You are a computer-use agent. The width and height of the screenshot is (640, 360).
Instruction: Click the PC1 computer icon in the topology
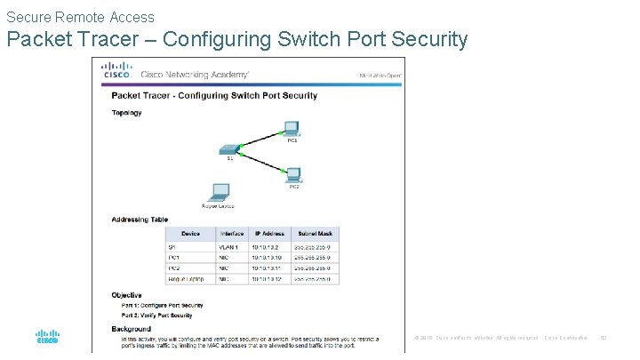point(289,128)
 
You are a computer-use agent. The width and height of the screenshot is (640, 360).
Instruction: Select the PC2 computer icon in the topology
point(292,175)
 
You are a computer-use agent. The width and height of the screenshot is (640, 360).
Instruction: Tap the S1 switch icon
point(229,151)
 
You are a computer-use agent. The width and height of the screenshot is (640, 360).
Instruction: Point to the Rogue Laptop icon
point(219,193)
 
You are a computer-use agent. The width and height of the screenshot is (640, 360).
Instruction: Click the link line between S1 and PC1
point(260,139)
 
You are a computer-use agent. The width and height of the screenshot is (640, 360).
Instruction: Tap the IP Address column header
point(268,233)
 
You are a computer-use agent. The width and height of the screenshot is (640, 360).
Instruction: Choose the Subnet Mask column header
point(315,233)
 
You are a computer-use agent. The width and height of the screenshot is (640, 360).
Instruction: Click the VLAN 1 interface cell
point(229,246)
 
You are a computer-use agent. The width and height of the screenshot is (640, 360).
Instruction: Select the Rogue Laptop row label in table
point(186,279)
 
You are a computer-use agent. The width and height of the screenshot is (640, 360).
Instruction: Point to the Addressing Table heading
point(140,220)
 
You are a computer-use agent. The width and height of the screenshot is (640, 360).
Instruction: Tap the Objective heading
point(126,295)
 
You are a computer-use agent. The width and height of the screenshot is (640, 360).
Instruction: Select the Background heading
point(130,328)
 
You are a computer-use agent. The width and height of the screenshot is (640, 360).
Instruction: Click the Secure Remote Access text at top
point(80,17)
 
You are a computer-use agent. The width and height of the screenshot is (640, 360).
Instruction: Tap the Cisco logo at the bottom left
point(47,338)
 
